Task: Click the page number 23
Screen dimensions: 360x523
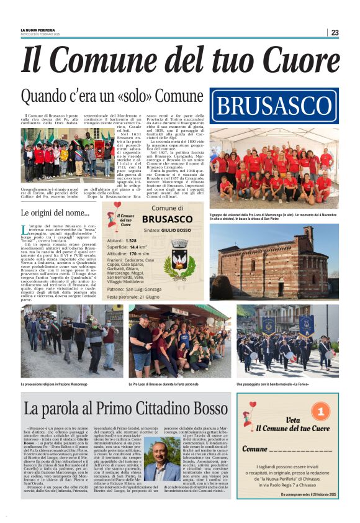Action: [335, 32]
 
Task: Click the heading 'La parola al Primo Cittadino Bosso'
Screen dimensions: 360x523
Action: [126, 409]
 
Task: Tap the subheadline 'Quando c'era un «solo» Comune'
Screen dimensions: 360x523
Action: [112, 96]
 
